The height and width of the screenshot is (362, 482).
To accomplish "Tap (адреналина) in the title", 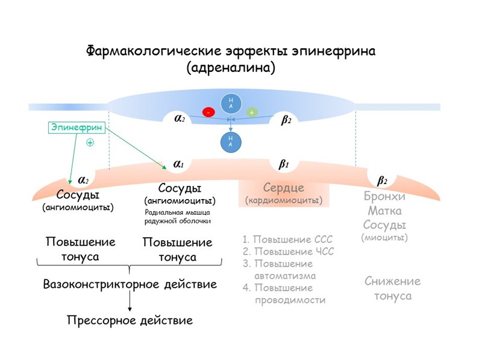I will point(231,68).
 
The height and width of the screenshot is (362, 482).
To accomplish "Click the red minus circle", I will point(208,112).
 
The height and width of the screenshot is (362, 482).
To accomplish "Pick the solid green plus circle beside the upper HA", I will point(252,112).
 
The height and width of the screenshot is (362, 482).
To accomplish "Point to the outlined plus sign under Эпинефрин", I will point(90,143).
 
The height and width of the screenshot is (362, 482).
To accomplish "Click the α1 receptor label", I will point(178,164).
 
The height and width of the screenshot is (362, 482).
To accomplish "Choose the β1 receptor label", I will point(284,164).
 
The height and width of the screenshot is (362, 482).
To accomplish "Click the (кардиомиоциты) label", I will point(284,200).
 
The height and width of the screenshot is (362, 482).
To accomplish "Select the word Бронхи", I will point(384,197).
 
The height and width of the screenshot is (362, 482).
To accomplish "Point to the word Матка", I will point(384,211).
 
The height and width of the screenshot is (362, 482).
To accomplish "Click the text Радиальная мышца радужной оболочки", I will point(178,217).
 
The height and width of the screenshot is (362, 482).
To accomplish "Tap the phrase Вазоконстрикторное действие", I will point(130,284).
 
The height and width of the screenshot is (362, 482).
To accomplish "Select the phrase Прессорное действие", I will point(130,320).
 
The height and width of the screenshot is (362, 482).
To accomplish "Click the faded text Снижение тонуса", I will point(392,288).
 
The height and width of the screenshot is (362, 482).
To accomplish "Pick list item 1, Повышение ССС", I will point(287,240).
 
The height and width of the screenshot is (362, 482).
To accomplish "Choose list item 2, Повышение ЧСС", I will point(287,252).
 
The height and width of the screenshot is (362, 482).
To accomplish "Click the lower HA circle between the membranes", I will point(230,141).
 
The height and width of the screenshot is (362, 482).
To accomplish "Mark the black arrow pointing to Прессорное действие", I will point(130,302).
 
